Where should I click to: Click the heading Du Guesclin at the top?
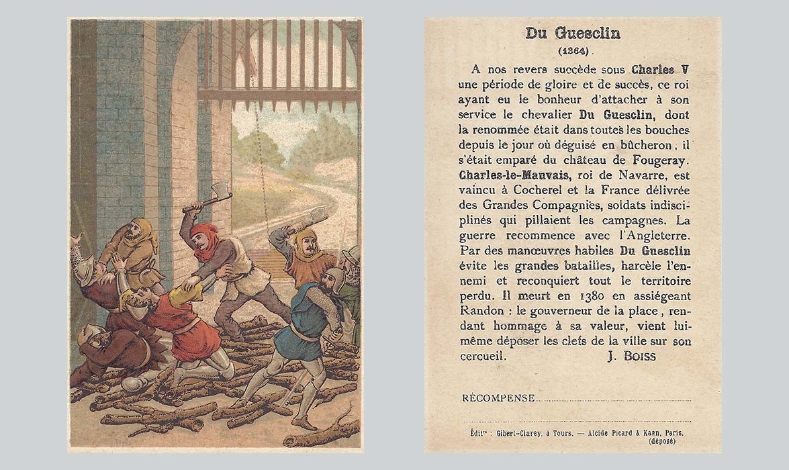point(573,34)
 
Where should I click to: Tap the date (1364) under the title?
point(573,50)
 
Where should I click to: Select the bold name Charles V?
point(661,70)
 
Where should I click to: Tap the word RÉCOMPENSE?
point(498,398)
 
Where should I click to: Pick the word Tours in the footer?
point(560,433)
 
